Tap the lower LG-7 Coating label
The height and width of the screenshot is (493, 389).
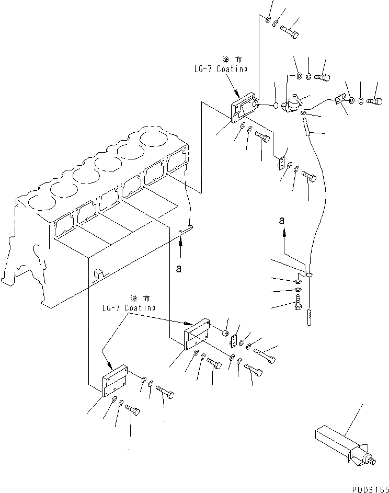point(129,308)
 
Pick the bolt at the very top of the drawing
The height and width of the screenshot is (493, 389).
point(289,31)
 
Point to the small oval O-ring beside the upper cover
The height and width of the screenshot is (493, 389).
point(276,106)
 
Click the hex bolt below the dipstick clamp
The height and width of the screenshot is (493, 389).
point(299,303)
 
